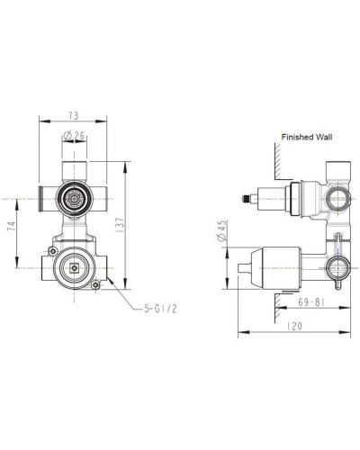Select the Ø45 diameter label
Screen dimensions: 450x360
(x=221, y=238)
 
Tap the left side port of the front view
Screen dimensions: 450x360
(x=43, y=193)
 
